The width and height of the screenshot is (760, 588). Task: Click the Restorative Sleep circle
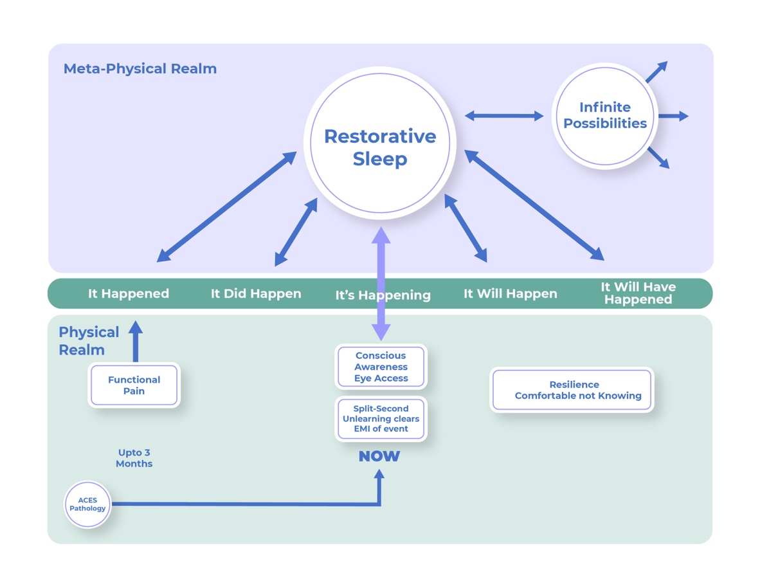(x=380, y=147)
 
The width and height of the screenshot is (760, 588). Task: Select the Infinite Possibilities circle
(x=604, y=116)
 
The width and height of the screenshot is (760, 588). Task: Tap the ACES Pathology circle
(x=87, y=504)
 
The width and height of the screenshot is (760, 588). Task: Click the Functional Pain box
(x=134, y=385)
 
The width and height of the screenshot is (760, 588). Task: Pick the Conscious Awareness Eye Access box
(x=381, y=367)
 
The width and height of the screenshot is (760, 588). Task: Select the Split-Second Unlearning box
(x=381, y=419)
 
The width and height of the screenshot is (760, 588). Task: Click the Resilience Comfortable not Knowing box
(x=572, y=390)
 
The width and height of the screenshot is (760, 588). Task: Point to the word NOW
(x=379, y=456)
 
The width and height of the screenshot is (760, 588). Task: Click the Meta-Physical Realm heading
(x=140, y=69)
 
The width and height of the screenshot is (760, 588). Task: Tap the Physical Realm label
(x=88, y=341)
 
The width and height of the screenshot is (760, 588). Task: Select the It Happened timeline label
(x=129, y=294)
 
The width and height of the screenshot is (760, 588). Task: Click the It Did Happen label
(x=256, y=294)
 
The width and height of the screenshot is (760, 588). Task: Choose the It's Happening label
(x=383, y=295)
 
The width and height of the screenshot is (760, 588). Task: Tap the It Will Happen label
(x=511, y=294)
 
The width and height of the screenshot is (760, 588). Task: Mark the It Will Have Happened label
(x=638, y=293)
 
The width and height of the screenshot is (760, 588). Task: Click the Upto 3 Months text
(x=134, y=458)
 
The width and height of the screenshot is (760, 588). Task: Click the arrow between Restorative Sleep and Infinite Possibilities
(x=504, y=116)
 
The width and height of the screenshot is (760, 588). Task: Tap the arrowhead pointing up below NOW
(x=379, y=476)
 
